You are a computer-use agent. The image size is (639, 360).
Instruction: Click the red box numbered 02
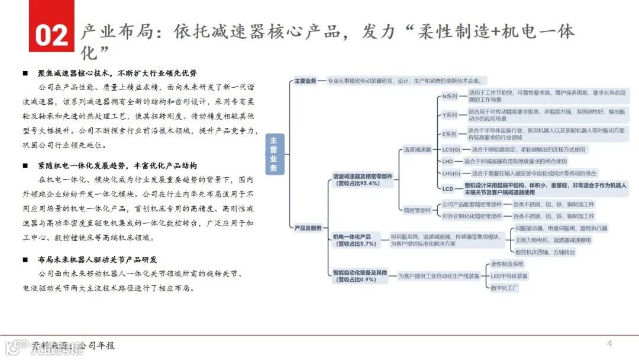[x=51, y=34]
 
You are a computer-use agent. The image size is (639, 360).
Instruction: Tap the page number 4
[x=609, y=344]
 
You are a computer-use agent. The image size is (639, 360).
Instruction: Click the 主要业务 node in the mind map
[x=306, y=81]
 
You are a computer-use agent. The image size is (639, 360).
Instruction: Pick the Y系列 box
[x=450, y=115]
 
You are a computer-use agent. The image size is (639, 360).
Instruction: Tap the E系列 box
[x=450, y=134]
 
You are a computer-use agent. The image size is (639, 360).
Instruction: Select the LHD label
[x=447, y=161]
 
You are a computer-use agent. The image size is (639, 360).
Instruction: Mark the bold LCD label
[x=447, y=188]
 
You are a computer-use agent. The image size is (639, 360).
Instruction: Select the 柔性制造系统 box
[x=507, y=264]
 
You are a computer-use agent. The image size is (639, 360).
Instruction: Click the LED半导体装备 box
[x=509, y=276]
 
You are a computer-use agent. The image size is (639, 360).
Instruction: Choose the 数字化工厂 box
[x=504, y=288]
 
